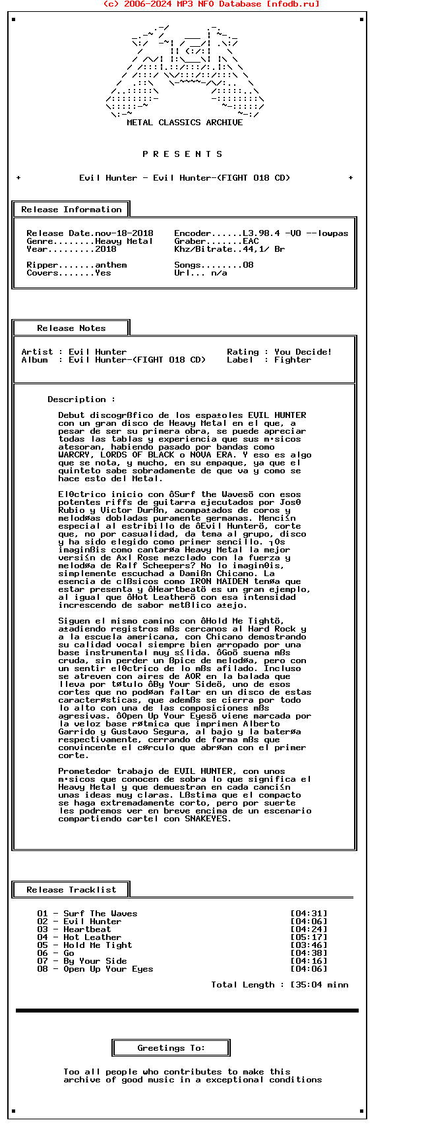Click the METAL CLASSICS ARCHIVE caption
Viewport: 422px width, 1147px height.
[x=185, y=123]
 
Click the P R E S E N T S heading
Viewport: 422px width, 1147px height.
[x=183, y=154]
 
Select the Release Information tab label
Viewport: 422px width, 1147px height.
[x=71, y=210]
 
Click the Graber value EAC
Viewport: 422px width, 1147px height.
[x=251, y=241]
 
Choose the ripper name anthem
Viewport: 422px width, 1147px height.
[x=111, y=265]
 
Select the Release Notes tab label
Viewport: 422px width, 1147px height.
[x=71, y=328]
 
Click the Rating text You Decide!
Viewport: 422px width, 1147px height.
[x=303, y=352]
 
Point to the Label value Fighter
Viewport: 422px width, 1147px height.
[x=293, y=360]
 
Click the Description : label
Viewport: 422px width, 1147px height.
[x=81, y=399]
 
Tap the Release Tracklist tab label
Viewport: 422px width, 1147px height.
[x=71, y=890]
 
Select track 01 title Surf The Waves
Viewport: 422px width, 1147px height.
[x=100, y=914]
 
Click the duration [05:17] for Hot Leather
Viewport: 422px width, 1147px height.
[x=309, y=937]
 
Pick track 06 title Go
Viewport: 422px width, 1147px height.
[x=69, y=953]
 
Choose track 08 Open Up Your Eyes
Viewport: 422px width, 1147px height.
[x=108, y=969]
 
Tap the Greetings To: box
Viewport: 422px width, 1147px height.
[x=171, y=1048]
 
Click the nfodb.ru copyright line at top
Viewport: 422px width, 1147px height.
[x=211, y=4]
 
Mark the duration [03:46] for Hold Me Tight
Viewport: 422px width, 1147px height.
[x=309, y=945]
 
